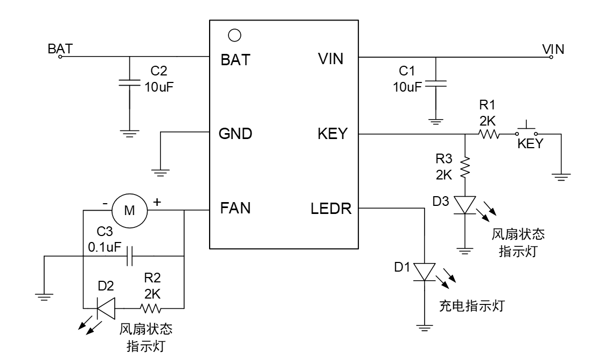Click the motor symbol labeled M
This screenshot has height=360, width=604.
click(130, 210)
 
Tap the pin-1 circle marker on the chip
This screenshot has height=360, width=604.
click(234, 36)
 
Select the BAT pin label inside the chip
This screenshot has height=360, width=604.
click(235, 60)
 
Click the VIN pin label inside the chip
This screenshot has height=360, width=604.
click(331, 59)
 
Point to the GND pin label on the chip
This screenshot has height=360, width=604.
click(235, 134)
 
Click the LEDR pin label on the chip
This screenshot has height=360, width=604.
click(331, 208)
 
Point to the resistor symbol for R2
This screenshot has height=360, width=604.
click(150, 308)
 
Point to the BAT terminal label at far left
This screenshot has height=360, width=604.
click(60, 48)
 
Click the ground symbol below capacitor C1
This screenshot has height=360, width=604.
click(436, 121)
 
